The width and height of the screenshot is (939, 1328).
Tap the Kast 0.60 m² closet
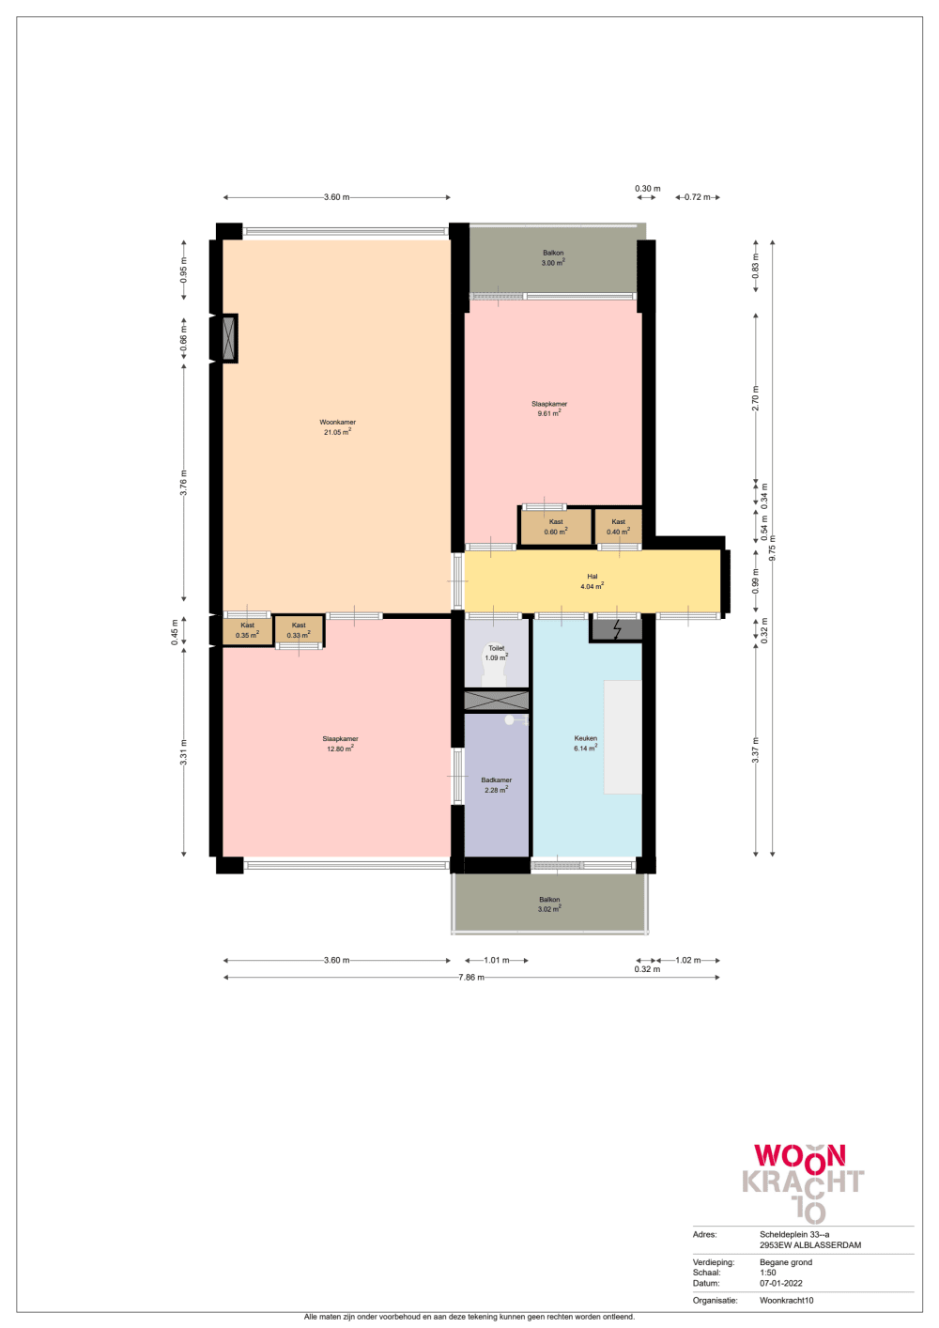556,527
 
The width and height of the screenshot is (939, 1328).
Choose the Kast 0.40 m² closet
618,527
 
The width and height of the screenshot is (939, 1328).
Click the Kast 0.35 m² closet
247,630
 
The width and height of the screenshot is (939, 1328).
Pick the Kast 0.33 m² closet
299,630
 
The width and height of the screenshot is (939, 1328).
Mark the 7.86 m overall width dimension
471,978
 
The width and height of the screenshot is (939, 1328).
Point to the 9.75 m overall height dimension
773,548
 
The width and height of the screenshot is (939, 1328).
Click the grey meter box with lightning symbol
617,629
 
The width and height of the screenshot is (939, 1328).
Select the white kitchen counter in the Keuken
623,737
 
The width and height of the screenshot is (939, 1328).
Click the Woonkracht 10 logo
804,1181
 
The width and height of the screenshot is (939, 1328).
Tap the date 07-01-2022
780,1283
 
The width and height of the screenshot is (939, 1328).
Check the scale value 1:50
768,1273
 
